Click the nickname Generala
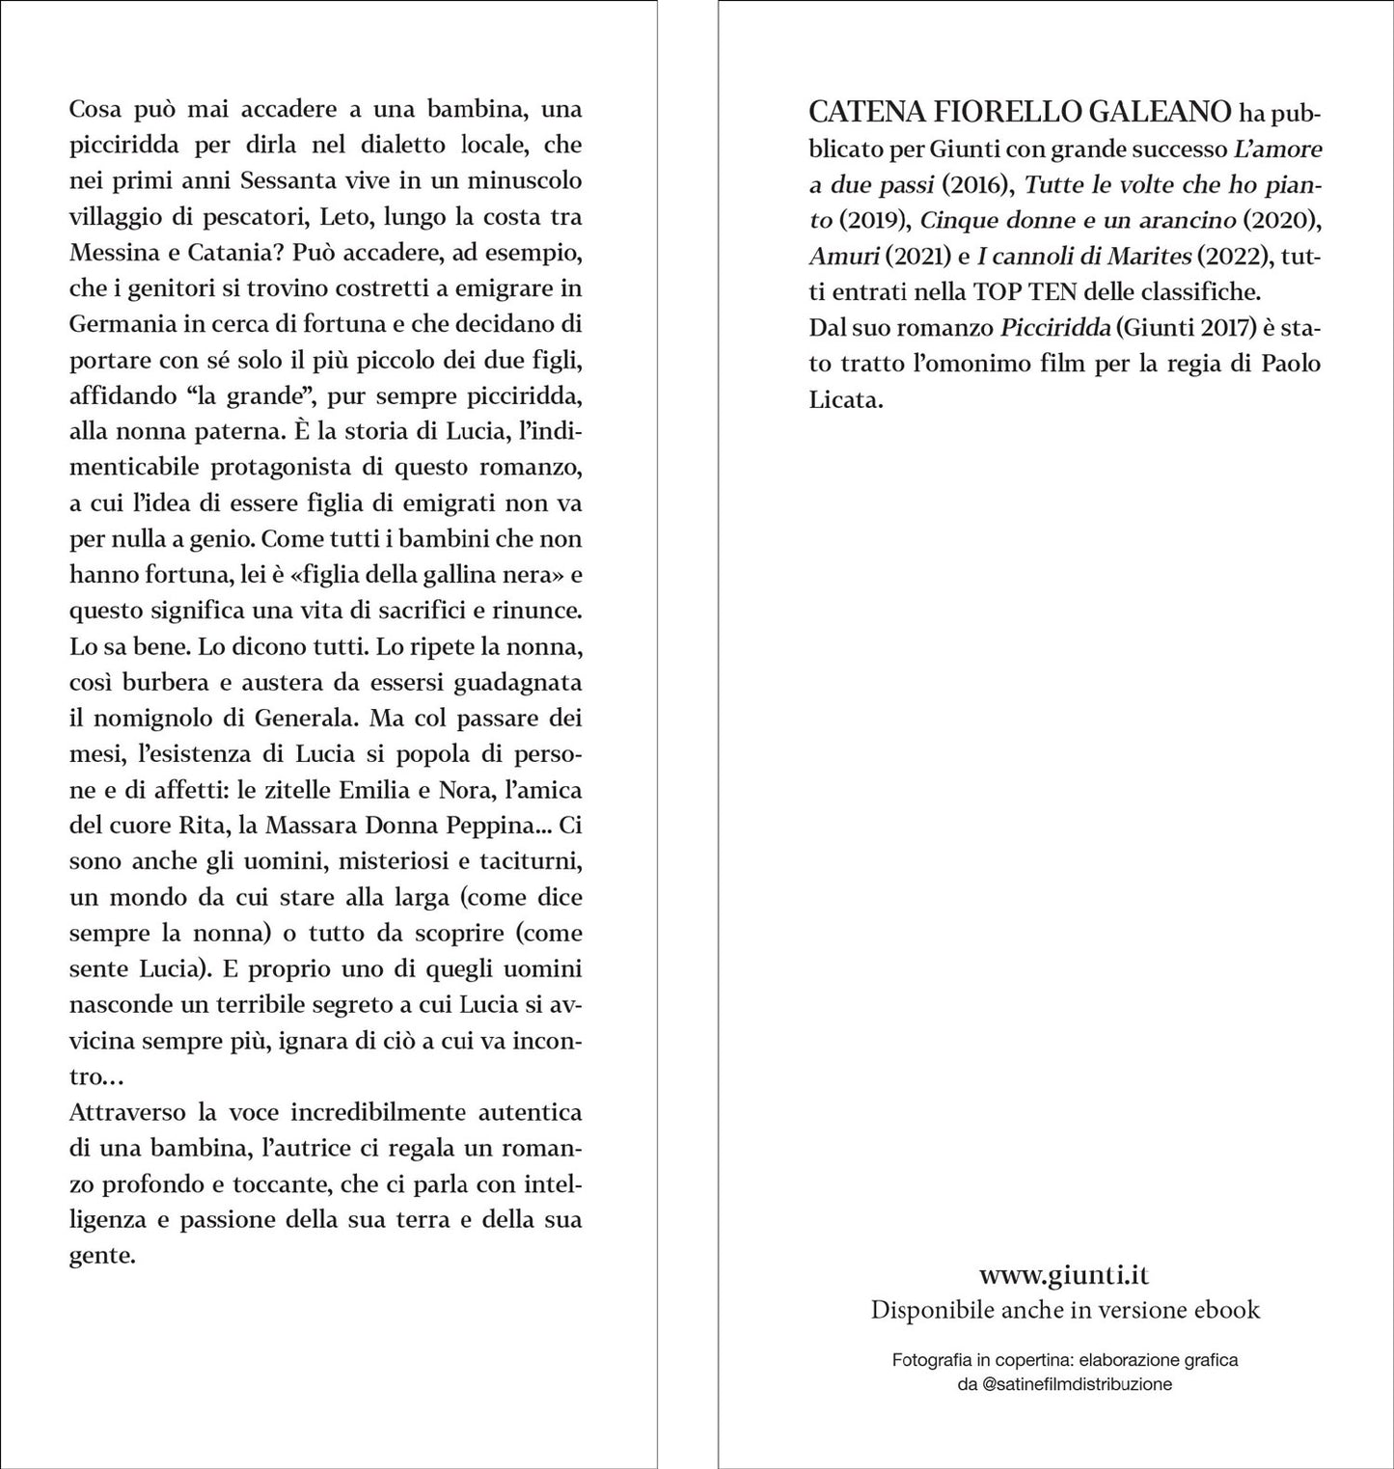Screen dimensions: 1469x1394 pos(303,719)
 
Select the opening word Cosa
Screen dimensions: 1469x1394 pos(96,110)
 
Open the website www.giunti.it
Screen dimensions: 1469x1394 pos(1064,1275)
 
